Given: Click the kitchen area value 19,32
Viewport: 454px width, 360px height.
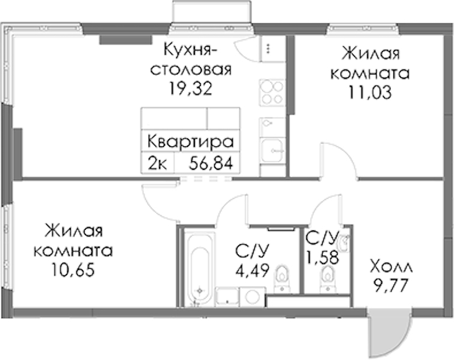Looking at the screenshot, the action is [191, 89].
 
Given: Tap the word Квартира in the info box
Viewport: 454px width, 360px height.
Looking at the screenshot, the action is [191, 142].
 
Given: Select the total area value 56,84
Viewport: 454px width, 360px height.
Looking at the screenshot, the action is [211, 164].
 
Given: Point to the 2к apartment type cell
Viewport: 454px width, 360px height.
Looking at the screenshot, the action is [157, 164].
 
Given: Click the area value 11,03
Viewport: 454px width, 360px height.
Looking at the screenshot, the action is [370, 92].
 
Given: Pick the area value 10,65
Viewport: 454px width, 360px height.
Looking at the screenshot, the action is [73, 270].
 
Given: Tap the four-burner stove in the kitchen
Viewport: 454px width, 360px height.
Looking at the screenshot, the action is [272, 92].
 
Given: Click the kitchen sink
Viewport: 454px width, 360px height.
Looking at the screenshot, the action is [272, 150].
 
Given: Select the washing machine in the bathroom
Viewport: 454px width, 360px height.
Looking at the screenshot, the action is [252, 296].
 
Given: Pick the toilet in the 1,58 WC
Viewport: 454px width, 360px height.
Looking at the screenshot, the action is [327, 278].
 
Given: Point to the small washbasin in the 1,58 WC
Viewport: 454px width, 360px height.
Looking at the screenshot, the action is [345, 242].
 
